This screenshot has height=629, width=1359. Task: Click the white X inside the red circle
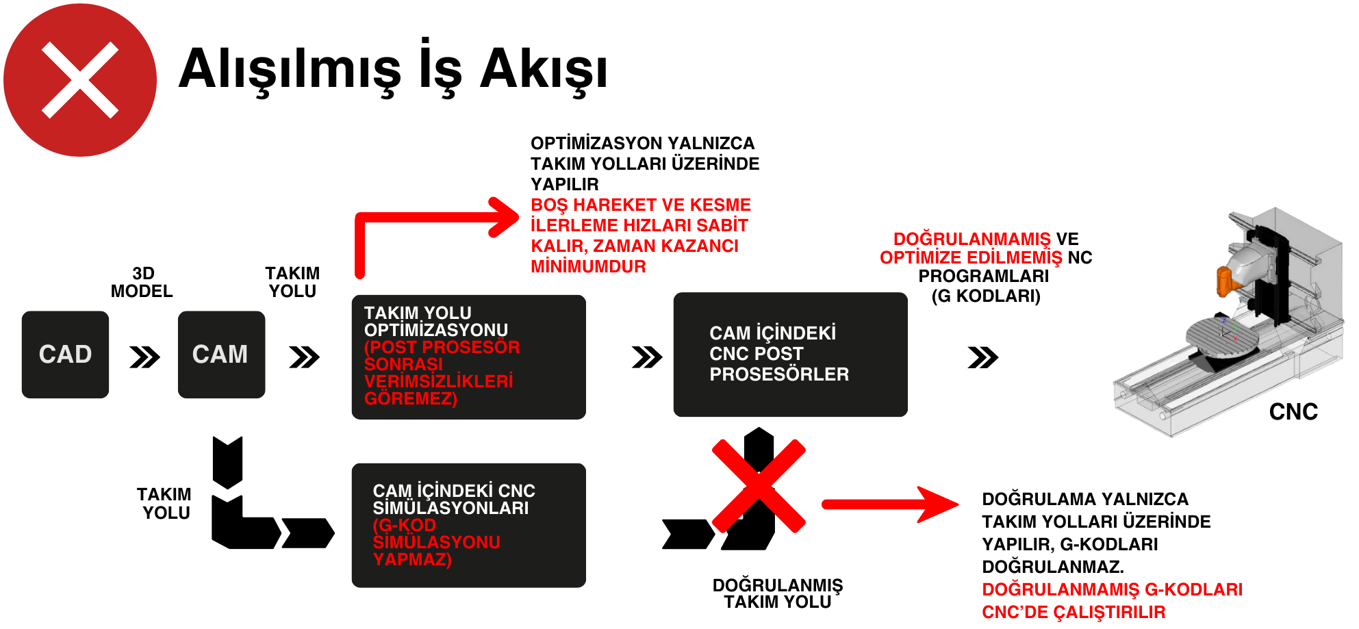[x=80, y=80]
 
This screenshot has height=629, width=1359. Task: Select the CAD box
[x=65, y=355]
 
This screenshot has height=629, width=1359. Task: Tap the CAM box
[x=220, y=355]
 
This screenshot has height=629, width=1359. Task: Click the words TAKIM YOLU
[x=418, y=313]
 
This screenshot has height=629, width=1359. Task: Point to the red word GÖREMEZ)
[x=411, y=398]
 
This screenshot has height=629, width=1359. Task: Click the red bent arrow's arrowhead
[x=505, y=217]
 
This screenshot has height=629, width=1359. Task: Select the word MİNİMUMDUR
[x=588, y=266]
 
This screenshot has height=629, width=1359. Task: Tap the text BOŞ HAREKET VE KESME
[x=640, y=205]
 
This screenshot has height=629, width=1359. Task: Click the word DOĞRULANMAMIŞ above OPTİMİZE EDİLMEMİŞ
[x=971, y=239]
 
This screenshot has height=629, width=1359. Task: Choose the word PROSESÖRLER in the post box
[x=779, y=374]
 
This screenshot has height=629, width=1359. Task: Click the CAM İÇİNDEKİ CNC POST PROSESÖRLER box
[x=790, y=355]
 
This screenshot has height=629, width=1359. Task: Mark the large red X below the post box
[x=759, y=486]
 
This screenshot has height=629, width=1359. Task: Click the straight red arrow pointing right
[x=890, y=504]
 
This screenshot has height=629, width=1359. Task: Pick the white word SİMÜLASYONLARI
[x=450, y=508]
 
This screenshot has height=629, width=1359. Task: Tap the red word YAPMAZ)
[x=412, y=559]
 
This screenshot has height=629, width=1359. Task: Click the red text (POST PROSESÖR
[x=442, y=347]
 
